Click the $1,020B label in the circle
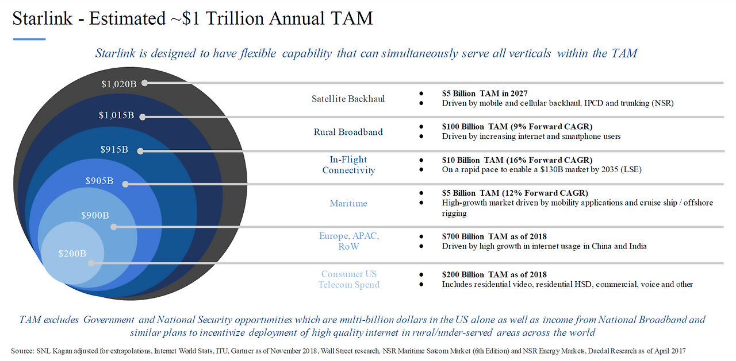119,84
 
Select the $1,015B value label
116,115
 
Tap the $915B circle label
114,149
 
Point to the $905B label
99,181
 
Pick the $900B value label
95,215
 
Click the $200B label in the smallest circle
72,253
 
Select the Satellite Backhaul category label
348,99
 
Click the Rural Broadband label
348,131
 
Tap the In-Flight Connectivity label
348,165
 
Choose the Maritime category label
348,203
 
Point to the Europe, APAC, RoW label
349,241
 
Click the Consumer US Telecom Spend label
349,279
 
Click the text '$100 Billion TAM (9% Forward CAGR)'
517,126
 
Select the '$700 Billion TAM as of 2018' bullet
494,236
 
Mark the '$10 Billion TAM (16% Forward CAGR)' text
517,160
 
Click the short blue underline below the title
29,39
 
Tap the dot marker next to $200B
91,263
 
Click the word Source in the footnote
22,350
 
